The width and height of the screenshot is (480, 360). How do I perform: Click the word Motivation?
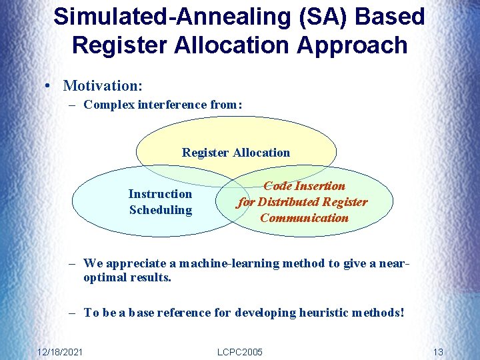point(102,85)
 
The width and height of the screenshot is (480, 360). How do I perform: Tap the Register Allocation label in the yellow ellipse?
point(236,153)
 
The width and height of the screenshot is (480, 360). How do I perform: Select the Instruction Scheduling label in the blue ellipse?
point(160,202)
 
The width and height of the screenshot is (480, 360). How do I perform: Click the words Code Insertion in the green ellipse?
point(304,186)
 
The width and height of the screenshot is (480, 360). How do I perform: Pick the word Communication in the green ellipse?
point(304,218)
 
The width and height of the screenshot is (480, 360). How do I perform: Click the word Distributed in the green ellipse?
point(289,202)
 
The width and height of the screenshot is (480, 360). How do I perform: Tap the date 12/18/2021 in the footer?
point(60,351)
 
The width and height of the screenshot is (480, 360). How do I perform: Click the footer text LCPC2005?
point(240,351)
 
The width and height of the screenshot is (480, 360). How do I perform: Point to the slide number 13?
point(438,351)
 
